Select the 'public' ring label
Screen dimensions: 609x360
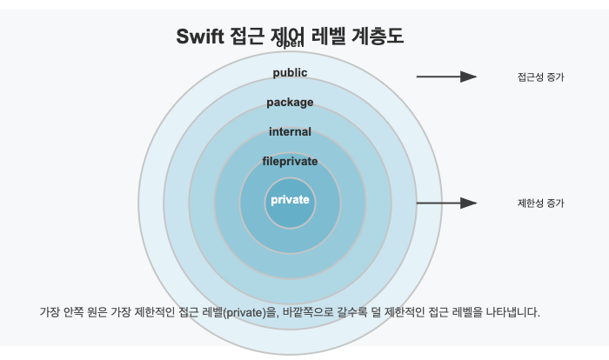pos(290,72)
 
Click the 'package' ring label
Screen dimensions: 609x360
pos(290,103)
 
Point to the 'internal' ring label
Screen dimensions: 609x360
pos(290,132)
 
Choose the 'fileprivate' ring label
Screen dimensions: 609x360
pos(290,161)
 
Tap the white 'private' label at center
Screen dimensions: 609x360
pos(290,200)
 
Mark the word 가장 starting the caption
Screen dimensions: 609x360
pos(50,311)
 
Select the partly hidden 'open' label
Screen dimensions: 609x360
pos(290,44)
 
